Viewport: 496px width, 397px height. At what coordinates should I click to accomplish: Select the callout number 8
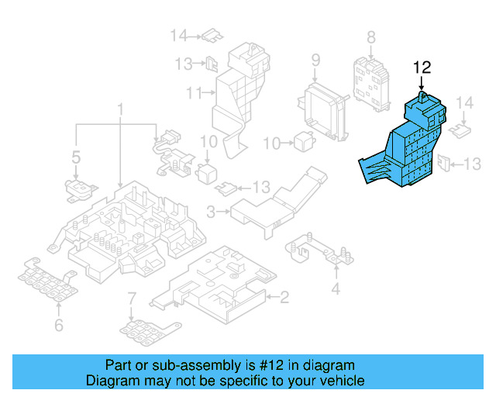click(370, 36)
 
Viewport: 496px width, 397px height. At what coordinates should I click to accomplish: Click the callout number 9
click(315, 60)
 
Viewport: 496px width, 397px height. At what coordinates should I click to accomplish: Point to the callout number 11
click(193, 94)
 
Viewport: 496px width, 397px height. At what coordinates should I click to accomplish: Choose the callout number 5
click(76, 158)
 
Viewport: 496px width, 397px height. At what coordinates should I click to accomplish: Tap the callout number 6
click(58, 325)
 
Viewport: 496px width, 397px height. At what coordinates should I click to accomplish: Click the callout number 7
click(132, 298)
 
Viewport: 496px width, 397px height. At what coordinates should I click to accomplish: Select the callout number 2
click(284, 295)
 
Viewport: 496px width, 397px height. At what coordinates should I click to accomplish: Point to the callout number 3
click(211, 209)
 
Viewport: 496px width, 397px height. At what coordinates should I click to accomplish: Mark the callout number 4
click(336, 290)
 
